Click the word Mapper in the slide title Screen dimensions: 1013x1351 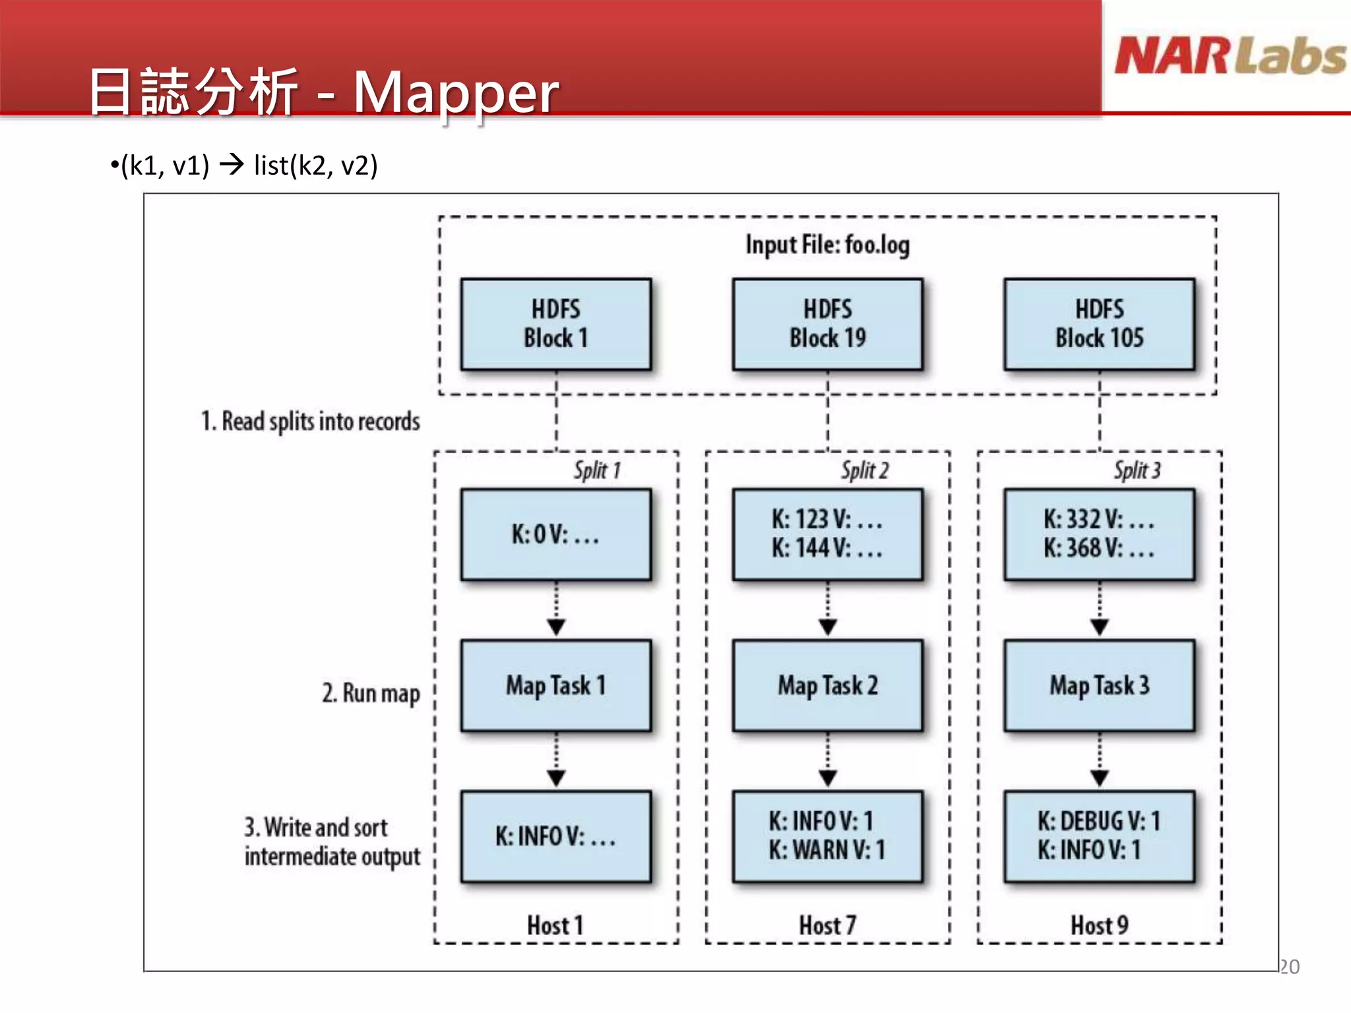point(456,92)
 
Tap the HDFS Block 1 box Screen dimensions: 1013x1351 point(555,324)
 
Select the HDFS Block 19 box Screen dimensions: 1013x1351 point(827,324)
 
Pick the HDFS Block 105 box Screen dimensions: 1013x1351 point(1099,324)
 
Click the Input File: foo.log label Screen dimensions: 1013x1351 point(827,245)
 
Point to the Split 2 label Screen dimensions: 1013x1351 point(864,470)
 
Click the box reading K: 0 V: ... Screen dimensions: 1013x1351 point(555,534)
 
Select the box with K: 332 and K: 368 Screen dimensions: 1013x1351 point(1099,534)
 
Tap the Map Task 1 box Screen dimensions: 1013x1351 point(555,685)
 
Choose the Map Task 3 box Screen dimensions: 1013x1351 point(1099,685)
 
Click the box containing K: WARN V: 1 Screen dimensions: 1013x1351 point(827,836)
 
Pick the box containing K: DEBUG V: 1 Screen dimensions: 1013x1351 point(1099,836)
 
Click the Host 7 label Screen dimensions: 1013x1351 point(827,925)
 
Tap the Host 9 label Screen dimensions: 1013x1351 point(1099,925)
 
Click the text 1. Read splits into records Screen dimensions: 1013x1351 point(310,421)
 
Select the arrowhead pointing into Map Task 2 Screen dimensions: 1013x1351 point(828,627)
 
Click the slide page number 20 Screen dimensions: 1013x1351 point(1290,967)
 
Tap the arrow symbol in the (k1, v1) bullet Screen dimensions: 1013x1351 point(232,164)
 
